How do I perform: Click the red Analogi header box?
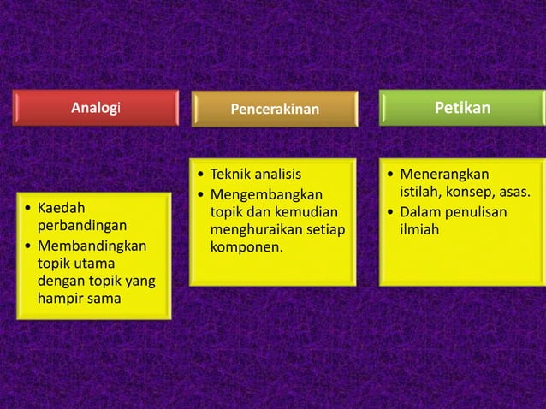click(x=97, y=108)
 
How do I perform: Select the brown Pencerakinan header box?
click(x=274, y=109)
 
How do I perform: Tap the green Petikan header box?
click(x=462, y=108)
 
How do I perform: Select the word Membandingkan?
click(x=92, y=246)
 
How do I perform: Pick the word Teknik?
click(x=231, y=175)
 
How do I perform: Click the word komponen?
click(x=246, y=248)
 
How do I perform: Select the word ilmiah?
click(x=418, y=230)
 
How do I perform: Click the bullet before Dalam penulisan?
click(x=390, y=212)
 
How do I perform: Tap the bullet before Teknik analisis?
click(x=200, y=175)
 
